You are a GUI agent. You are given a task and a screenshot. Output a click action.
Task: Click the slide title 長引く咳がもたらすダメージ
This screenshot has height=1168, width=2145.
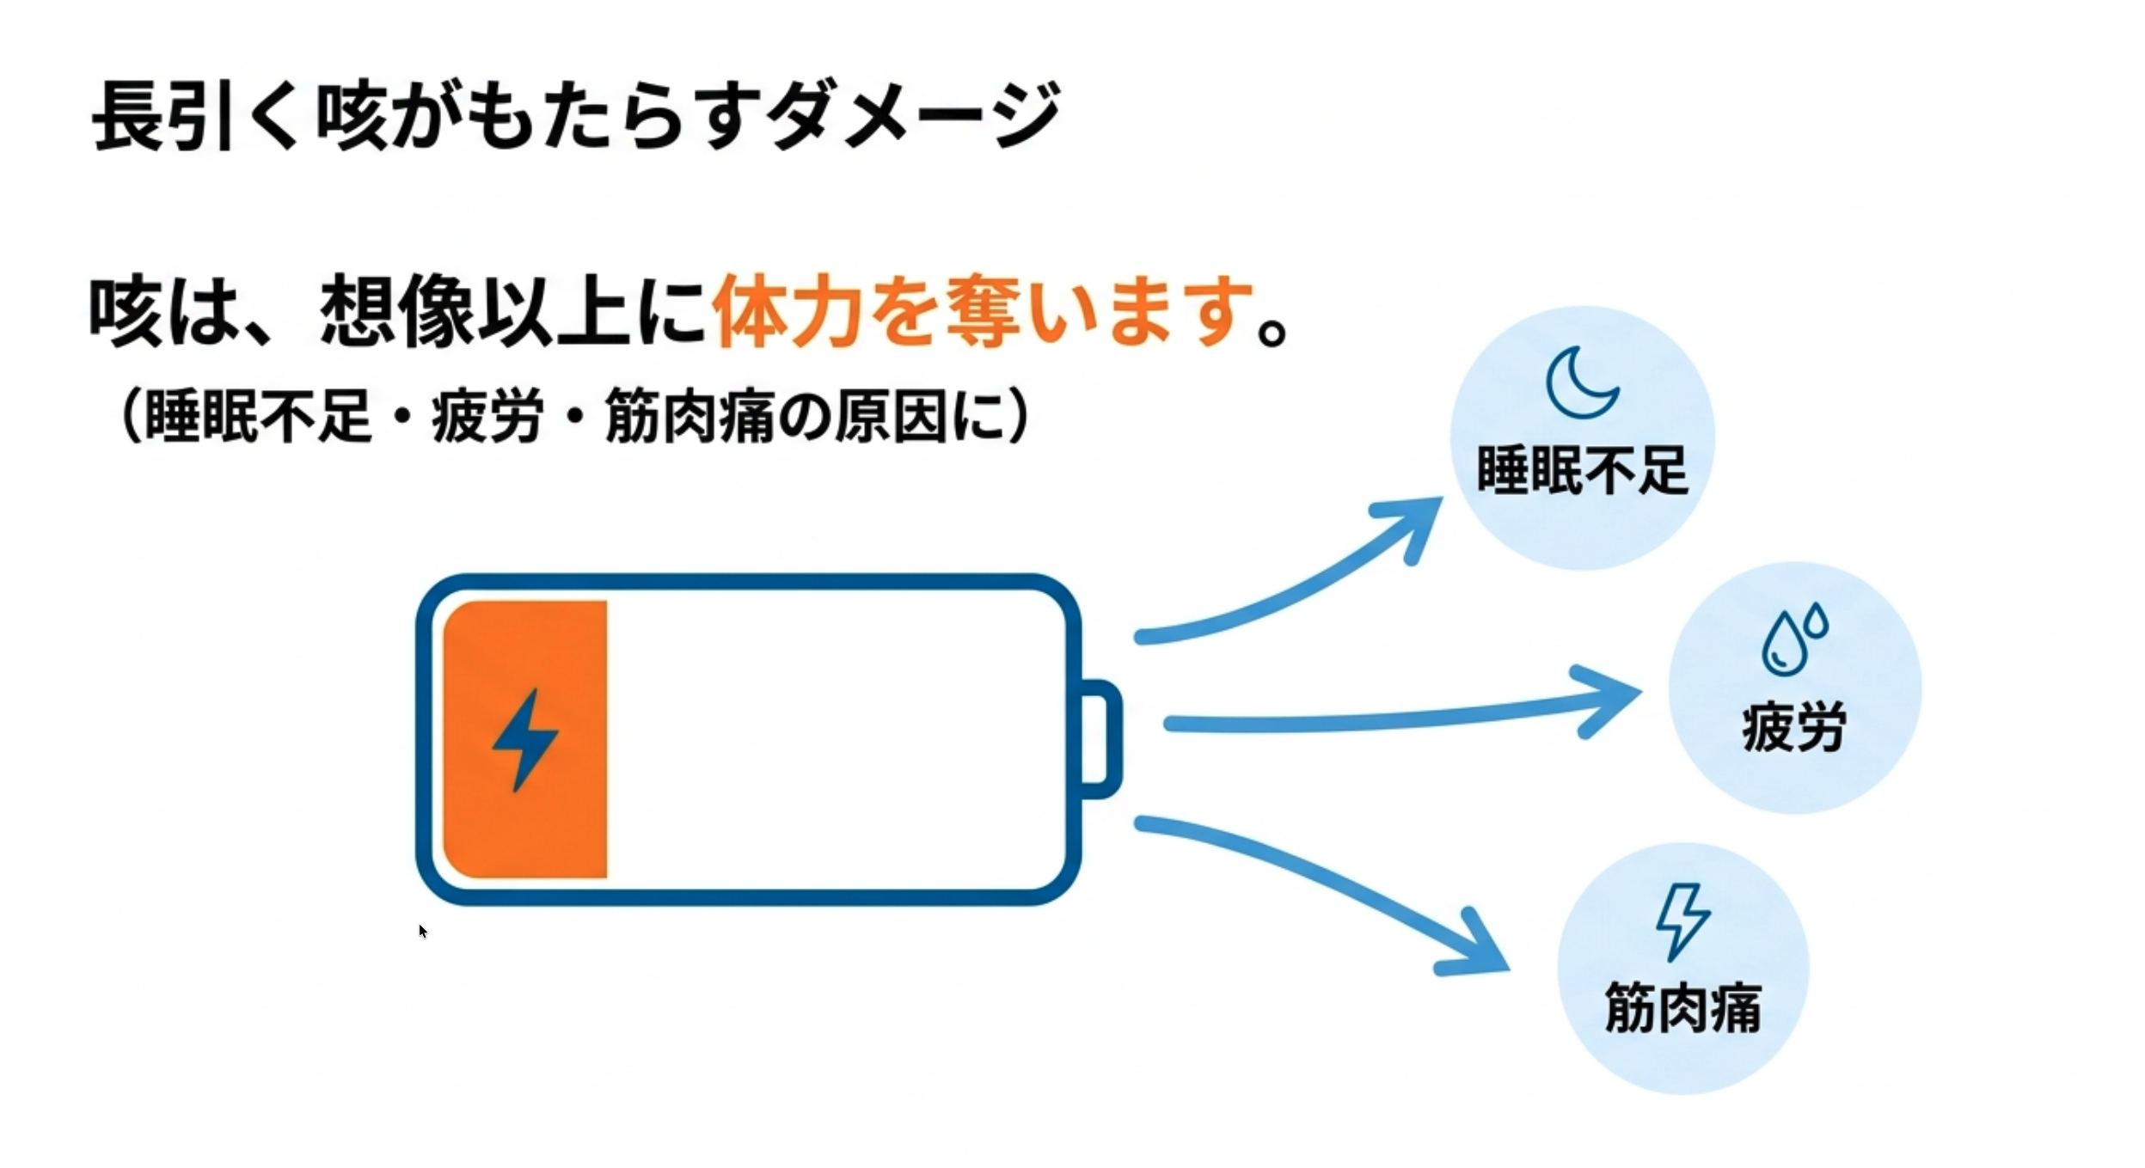point(576,116)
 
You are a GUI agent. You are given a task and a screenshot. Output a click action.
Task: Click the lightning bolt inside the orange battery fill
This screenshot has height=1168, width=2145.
point(524,739)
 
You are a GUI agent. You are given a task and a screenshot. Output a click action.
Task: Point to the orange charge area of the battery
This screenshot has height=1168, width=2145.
point(525,739)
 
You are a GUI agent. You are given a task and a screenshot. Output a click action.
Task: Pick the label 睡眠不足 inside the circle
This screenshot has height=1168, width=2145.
point(1583,471)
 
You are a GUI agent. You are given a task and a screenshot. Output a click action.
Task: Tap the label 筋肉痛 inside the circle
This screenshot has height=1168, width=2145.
point(1682,1007)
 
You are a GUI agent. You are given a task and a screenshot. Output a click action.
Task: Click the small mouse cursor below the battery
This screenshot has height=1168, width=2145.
point(422,931)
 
